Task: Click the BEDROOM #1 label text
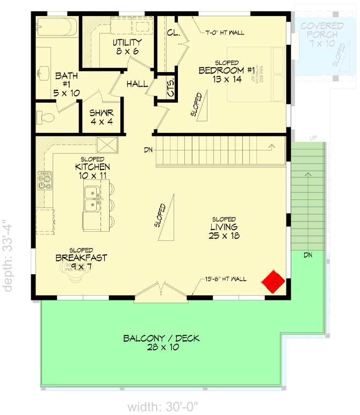(226, 70)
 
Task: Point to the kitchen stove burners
(44, 180)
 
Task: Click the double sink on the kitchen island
(93, 197)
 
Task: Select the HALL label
(138, 84)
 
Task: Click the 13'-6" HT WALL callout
(225, 279)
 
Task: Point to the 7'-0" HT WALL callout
(225, 33)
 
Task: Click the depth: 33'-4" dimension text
(8, 255)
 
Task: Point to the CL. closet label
(172, 33)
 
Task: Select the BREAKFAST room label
(81, 258)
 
